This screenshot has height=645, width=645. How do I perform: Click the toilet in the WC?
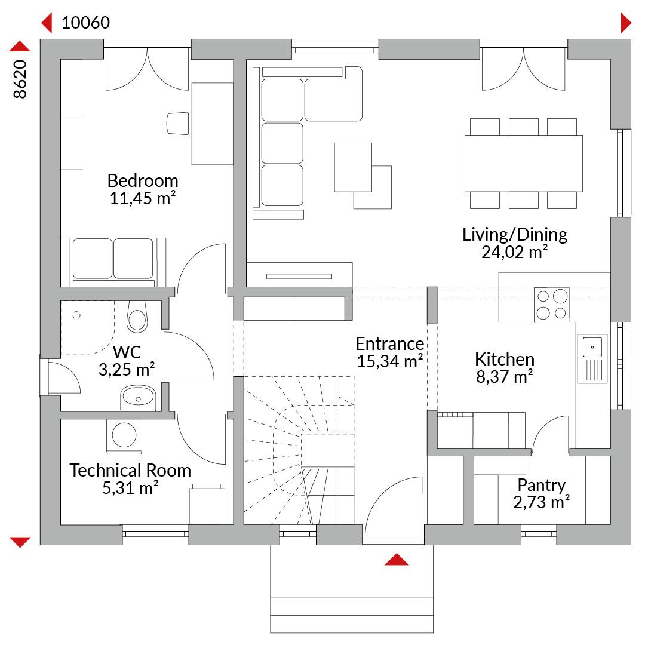137,317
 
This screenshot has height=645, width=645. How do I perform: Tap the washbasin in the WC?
138,398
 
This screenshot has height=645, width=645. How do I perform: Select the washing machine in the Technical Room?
124,435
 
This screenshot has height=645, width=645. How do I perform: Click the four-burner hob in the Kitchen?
552,305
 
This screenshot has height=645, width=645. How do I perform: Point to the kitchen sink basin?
592,347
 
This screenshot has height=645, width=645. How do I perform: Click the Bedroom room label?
143,180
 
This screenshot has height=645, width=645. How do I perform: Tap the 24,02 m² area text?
515,252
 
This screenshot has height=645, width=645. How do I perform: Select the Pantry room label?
541,486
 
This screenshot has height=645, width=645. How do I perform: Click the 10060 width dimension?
85,23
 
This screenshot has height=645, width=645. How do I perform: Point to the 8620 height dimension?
20,79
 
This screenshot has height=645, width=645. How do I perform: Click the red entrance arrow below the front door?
397,560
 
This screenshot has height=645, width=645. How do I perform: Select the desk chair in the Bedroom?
178,124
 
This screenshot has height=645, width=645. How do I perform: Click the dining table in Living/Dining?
524,163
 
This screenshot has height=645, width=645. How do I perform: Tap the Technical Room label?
130,470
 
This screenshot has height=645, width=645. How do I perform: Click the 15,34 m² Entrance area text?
389,361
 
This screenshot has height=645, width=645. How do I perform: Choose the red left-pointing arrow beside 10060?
47,23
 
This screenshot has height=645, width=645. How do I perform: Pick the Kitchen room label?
505,359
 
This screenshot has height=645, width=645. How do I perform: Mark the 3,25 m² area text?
127,370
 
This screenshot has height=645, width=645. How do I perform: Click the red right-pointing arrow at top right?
626,23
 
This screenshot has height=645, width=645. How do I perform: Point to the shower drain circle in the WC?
76,315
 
